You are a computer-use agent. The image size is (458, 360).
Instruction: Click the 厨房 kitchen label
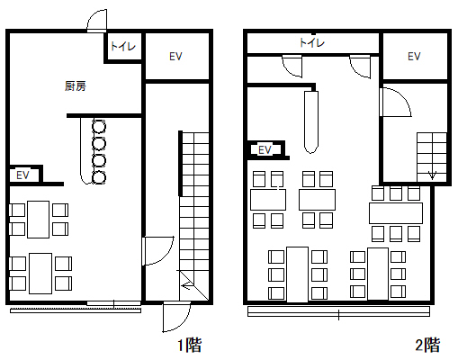click(76, 86)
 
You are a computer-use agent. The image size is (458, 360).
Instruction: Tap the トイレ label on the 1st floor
click(123, 46)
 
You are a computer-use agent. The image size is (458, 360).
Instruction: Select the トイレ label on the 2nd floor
click(312, 42)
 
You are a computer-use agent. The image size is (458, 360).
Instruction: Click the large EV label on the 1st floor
click(175, 57)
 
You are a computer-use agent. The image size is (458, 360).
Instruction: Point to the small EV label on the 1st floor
click(22, 175)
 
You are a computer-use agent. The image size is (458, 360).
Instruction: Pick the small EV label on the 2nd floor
click(265, 150)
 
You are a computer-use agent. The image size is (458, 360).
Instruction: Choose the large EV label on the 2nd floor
click(414, 57)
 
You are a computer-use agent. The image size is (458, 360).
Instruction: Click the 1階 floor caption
click(190, 345)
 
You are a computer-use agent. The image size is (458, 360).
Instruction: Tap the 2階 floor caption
click(428, 345)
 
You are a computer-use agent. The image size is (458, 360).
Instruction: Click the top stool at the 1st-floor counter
click(99, 126)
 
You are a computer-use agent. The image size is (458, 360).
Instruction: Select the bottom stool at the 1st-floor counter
click(99, 177)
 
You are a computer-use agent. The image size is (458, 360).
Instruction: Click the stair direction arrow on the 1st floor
click(188, 285)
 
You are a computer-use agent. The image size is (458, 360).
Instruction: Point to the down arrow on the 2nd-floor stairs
click(432, 175)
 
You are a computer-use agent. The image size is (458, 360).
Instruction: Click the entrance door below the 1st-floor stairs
click(176, 318)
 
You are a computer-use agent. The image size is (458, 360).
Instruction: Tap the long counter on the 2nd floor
click(311, 121)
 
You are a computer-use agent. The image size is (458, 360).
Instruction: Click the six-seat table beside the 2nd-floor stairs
click(396, 213)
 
